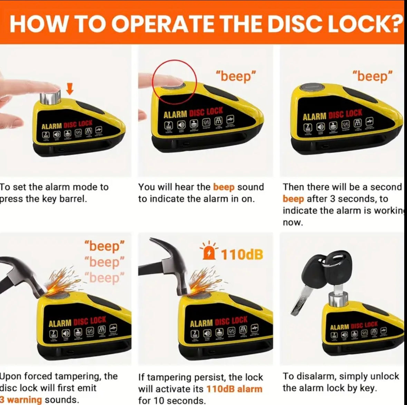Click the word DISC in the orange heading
[295, 22]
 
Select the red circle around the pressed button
[175, 81]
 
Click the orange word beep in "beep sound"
[224, 187]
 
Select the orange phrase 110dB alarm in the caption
[234, 389]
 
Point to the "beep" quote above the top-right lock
[372, 76]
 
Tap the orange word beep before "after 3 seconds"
[293, 199]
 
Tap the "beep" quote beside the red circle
[236, 76]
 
